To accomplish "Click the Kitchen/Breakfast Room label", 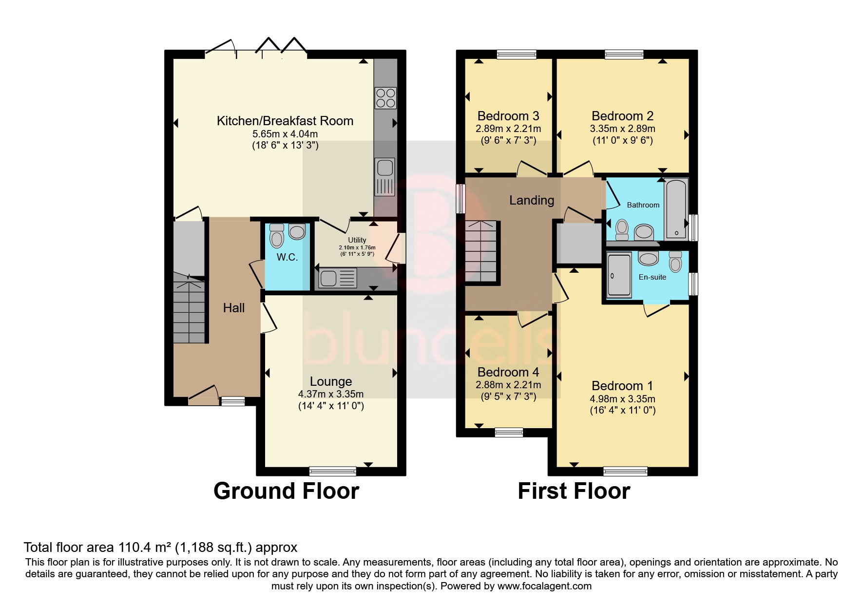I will tap(285, 121).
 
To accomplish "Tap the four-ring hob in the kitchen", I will tap(385, 97).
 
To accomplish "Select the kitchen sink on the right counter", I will tap(384, 176).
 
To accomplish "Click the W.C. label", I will tap(287, 257).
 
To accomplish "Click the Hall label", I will tap(234, 308).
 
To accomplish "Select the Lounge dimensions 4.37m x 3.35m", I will tap(331, 394).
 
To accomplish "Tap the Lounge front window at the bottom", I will tap(333, 471).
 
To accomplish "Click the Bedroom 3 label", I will tap(508, 116).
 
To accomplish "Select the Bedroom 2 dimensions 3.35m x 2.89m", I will tap(622, 129).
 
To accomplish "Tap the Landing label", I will tap(532, 200).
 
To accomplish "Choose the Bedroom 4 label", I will tap(508, 372).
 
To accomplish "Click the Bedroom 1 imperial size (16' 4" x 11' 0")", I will tap(622, 410).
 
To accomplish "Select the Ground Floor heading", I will tap(286, 491).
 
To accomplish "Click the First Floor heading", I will tap(574, 491).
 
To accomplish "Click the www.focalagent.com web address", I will tap(544, 586).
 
